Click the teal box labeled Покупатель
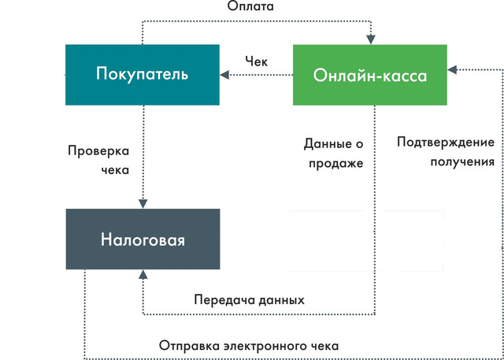point(143,75)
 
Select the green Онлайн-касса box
point(370,75)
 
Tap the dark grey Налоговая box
point(143,239)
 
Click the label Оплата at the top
point(250,6)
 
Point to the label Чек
point(256,61)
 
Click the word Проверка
point(98,151)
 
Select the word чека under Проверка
point(115,170)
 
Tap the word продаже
point(336,164)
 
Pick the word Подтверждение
point(446,143)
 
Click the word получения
point(462,161)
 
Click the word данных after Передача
point(277,301)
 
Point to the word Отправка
point(190,346)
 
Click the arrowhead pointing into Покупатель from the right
point(224,75)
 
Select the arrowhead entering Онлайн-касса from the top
point(371,39)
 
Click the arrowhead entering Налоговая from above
point(143,204)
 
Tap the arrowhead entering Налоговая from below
point(143,274)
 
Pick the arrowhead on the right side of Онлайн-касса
point(452,70)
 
